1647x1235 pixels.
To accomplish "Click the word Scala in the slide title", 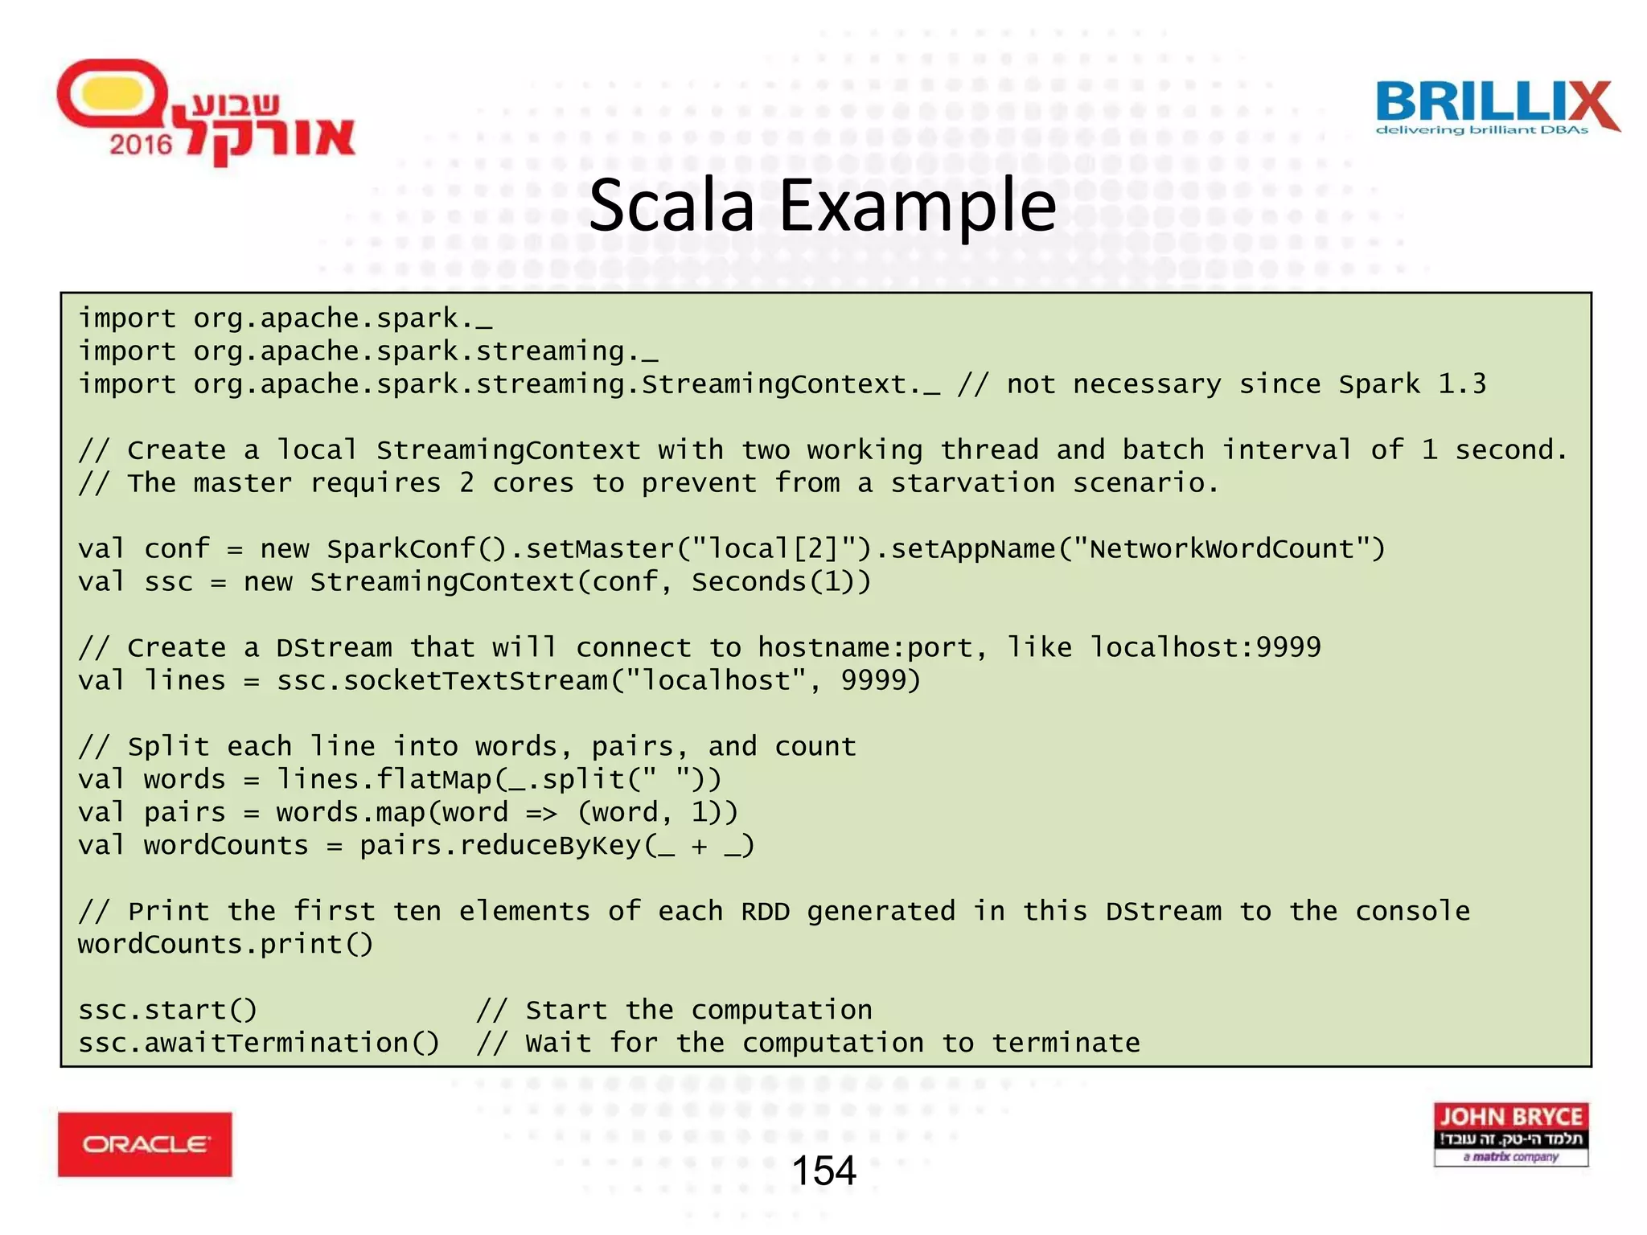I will pyautogui.click(x=672, y=206).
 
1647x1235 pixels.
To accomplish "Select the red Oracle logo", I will pyautogui.click(x=145, y=1144).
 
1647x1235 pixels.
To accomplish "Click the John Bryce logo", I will pyautogui.click(x=1510, y=1134).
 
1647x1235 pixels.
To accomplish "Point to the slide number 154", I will pyautogui.click(x=823, y=1171).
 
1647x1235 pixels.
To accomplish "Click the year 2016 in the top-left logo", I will pyautogui.click(x=141, y=145).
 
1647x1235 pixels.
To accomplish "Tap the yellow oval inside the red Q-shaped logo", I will pyautogui.click(x=113, y=95).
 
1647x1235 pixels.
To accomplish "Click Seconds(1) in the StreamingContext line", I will pyautogui.click(x=773, y=582).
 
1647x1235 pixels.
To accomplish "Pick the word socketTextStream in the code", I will pyautogui.click(x=475, y=681).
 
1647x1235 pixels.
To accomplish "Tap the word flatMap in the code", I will pyautogui.click(x=434, y=780).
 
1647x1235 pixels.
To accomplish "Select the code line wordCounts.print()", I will pyautogui.click(x=225, y=945).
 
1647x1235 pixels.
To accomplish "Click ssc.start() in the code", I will pyautogui.click(x=167, y=1011).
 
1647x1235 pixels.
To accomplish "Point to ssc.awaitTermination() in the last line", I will pyautogui.click(x=258, y=1044).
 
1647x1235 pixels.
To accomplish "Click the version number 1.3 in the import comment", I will pyautogui.click(x=1462, y=384).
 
